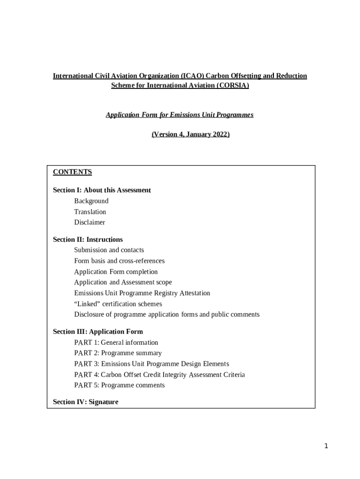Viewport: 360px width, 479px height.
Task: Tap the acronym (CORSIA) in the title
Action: coord(232,86)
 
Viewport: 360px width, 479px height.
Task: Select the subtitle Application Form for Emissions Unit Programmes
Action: coord(180,115)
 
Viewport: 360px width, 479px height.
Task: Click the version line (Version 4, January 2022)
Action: coord(190,134)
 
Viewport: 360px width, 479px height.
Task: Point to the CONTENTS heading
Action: coord(72,172)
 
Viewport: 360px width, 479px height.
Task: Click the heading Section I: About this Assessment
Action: coord(102,190)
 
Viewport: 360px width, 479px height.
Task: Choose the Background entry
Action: coord(91,201)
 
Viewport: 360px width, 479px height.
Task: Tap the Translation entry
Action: coord(90,212)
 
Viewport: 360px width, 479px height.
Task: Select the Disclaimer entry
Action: coord(90,223)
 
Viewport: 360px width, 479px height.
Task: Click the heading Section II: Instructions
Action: coord(88,239)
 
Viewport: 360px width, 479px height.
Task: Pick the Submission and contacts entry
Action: coord(109,250)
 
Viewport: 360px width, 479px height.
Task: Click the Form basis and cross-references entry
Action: coord(119,261)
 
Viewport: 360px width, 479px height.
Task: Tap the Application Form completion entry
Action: coord(116,272)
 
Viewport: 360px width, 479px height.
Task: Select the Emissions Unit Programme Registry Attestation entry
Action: coord(142,293)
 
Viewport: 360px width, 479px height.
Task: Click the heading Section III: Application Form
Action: coord(98,332)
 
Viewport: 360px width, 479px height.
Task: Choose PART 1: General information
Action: coord(116,342)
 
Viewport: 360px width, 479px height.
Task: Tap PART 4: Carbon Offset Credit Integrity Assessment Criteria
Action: coord(159,375)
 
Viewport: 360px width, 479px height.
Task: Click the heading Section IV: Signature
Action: coord(86,402)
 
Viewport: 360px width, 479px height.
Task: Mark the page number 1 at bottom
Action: coord(326,446)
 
